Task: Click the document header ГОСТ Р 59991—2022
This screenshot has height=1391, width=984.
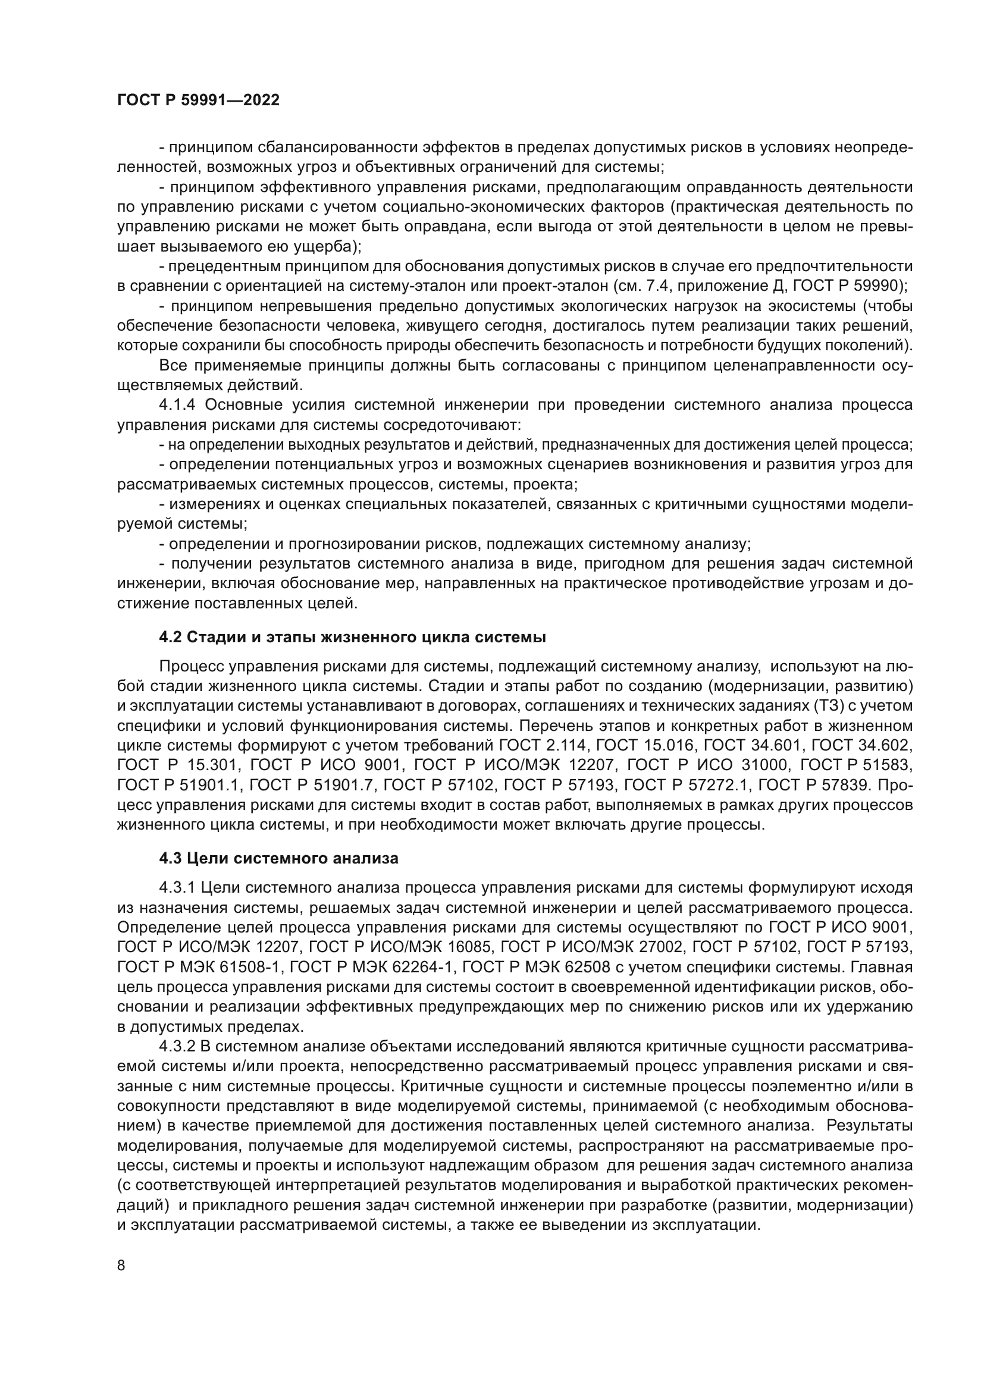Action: [198, 101]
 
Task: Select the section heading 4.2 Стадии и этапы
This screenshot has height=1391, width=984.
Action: [353, 638]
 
